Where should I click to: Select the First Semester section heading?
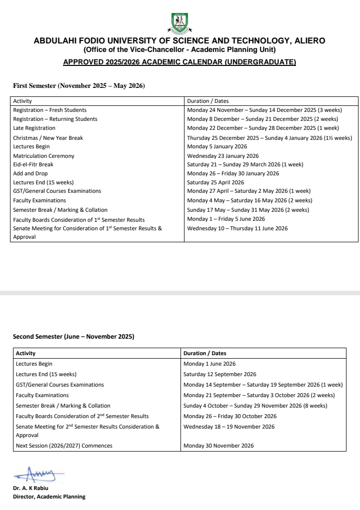point(78,86)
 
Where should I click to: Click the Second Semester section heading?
point(73,337)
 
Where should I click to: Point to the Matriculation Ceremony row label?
point(43,156)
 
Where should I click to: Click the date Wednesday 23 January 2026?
point(223,156)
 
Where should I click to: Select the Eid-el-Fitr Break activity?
point(33,164)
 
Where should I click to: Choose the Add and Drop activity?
point(30,173)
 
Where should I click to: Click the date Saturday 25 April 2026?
point(215,182)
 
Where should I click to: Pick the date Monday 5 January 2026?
point(217,146)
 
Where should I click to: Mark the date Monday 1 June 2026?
point(209,364)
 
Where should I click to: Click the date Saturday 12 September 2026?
point(219,374)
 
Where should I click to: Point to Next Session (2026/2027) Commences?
point(64,446)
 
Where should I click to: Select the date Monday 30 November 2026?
point(218,446)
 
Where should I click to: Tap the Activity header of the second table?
point(25,353)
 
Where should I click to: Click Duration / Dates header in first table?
point(208,101)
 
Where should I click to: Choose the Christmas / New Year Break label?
point(48,138)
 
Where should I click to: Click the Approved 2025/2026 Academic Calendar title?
point(179,62)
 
